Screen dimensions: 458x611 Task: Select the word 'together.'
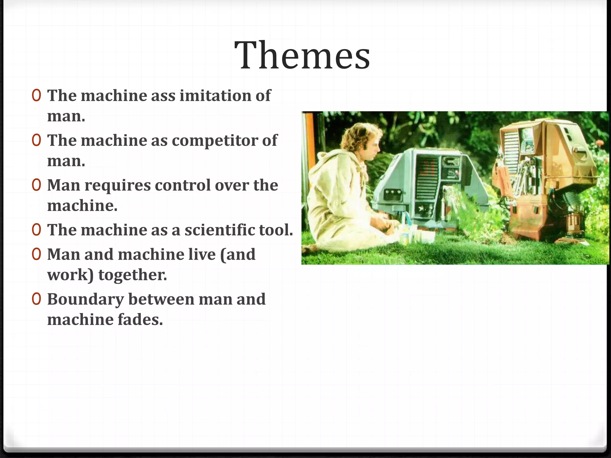coord(132,275)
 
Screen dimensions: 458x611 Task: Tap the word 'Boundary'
coord(85,299)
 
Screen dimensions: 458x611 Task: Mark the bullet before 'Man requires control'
coord(36,185)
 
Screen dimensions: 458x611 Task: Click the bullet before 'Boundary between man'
coord(36,299)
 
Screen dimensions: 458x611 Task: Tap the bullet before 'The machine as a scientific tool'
coord(36,230)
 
